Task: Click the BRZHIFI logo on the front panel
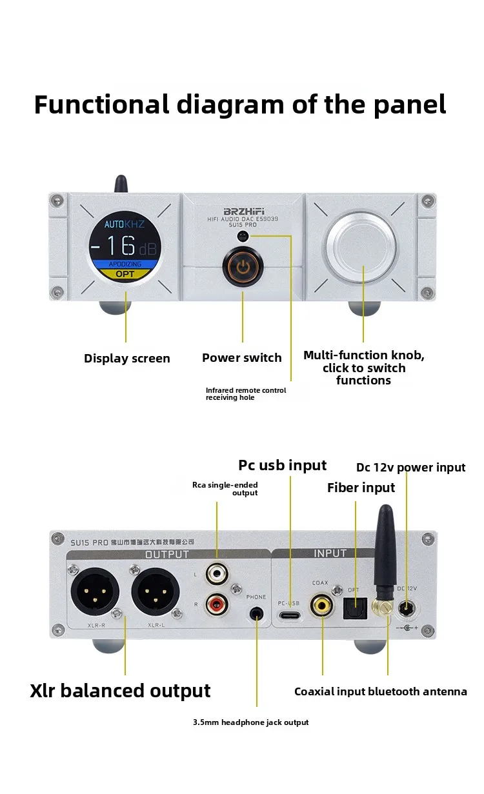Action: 242,212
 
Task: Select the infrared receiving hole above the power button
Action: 243,237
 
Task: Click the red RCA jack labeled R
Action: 216,604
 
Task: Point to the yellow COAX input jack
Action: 321,605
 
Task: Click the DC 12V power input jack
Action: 408,608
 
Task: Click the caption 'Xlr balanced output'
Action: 120,691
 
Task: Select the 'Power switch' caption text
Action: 242,358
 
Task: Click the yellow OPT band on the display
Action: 125,273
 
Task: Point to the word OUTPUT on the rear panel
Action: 167,554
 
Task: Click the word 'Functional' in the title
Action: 102,104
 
